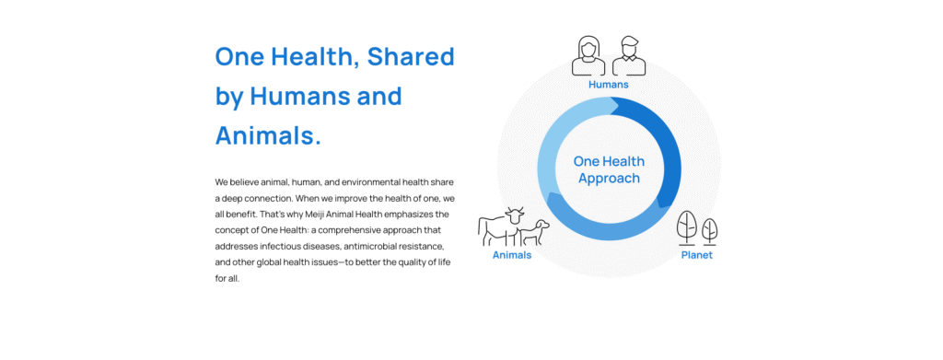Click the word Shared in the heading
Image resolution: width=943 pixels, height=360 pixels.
click(410, 56)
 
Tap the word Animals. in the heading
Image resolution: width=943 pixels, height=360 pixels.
click(268, 135)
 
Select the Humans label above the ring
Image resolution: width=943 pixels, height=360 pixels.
click(609, 85)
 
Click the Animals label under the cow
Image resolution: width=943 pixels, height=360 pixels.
click(512, 255)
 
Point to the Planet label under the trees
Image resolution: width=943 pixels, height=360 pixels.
click(696, 255)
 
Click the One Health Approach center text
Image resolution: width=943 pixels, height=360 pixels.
click(609, 169)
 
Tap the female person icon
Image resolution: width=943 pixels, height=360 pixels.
click(588, 55)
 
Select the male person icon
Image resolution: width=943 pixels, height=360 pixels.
click(628, 56)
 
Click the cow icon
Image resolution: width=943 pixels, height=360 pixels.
click(501, 226)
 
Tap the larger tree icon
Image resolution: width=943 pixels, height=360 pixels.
click(686, 227)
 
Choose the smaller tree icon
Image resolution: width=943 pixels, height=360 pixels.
click(710, 231)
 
